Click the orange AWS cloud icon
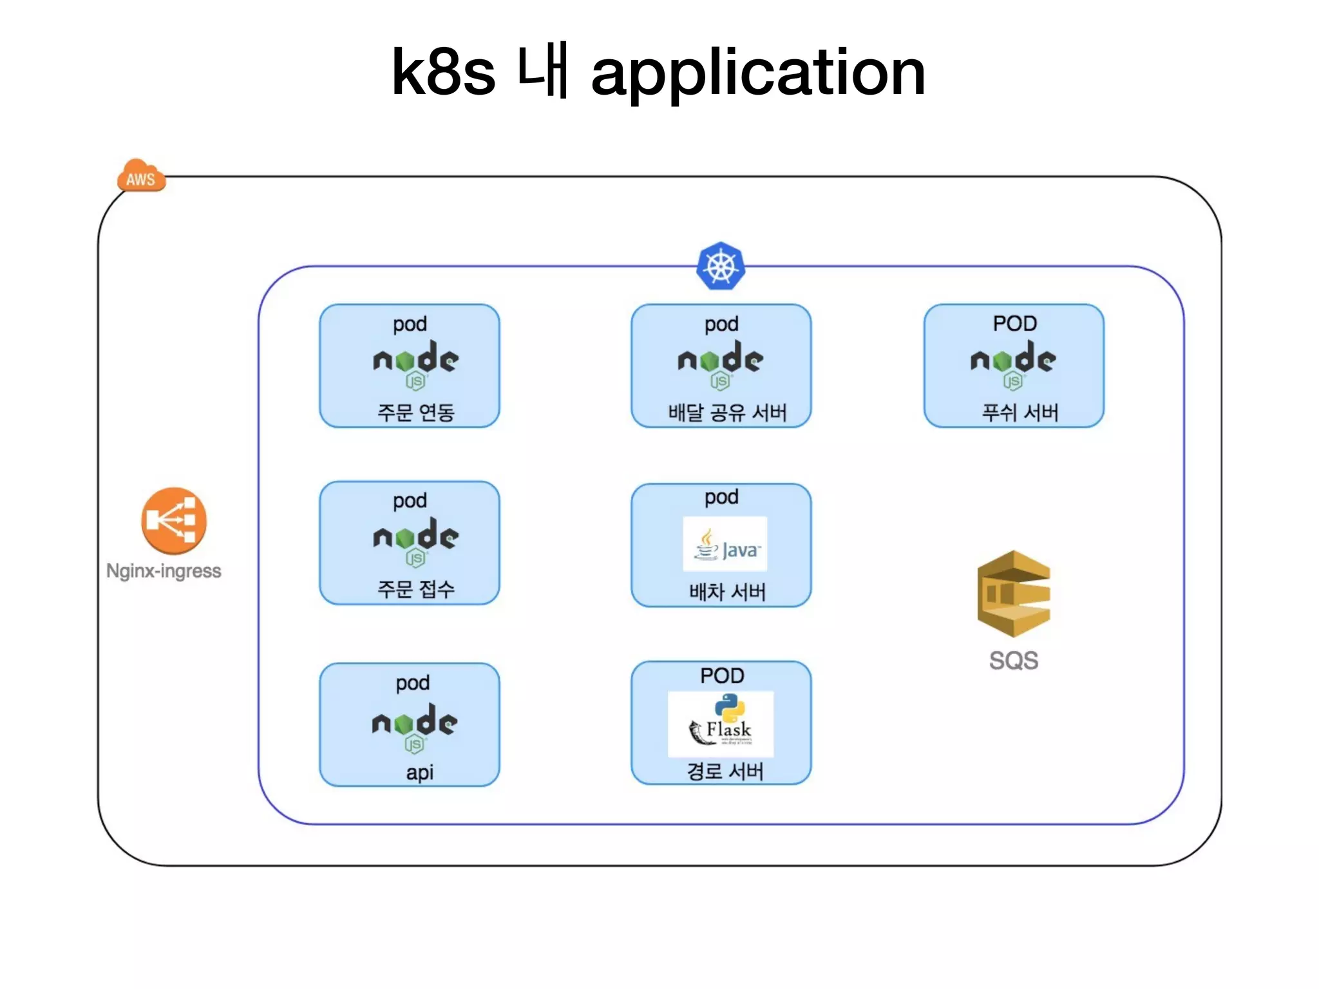(x=141, y=176)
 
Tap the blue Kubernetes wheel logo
(x=721, y=266)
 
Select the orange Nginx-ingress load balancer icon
(x=174, y=520)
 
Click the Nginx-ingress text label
(x=164, y=571)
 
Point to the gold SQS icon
(x=1014, y=594)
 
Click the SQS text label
(x=1014, y=661)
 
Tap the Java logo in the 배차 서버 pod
(x=725, y=544)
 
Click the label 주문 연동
(x=416, y=412)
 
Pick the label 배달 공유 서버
(x=727, y=412)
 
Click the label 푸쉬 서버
(x=1020, y=412)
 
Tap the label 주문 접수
(x=416, y=589)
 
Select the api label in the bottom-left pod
(x=419, y=772)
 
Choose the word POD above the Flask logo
(x=722, y=676)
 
